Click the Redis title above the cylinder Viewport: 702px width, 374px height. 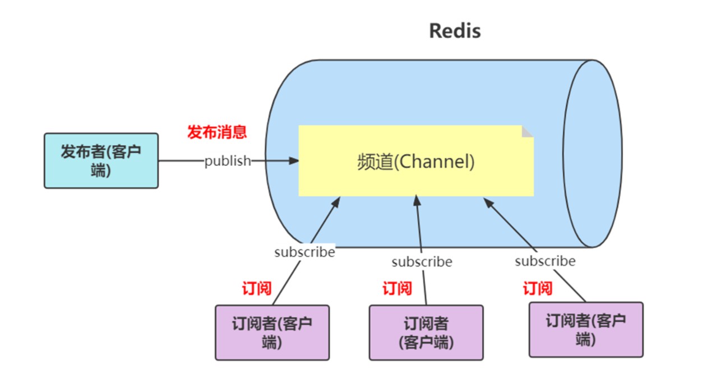455,31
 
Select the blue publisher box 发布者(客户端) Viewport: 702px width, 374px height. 101,160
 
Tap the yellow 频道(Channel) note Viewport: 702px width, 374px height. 415,161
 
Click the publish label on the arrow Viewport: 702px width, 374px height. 228,161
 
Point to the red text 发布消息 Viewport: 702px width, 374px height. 217,132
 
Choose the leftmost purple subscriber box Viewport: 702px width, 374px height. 273,332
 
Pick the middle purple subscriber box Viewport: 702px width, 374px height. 426,332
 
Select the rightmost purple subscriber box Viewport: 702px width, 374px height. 586,329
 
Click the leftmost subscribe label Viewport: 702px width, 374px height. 304,252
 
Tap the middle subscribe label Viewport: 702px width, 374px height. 422,262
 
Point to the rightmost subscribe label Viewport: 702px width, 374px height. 545,261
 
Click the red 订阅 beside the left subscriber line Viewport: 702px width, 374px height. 257,289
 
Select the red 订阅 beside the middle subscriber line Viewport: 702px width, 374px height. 397,289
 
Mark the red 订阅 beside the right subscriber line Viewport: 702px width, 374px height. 538,289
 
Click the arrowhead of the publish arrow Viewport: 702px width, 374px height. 294,161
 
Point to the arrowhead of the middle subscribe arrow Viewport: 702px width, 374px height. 416,200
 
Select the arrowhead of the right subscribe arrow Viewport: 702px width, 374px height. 488,202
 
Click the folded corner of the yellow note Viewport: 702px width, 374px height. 527,131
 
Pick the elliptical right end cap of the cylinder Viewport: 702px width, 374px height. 592,153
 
